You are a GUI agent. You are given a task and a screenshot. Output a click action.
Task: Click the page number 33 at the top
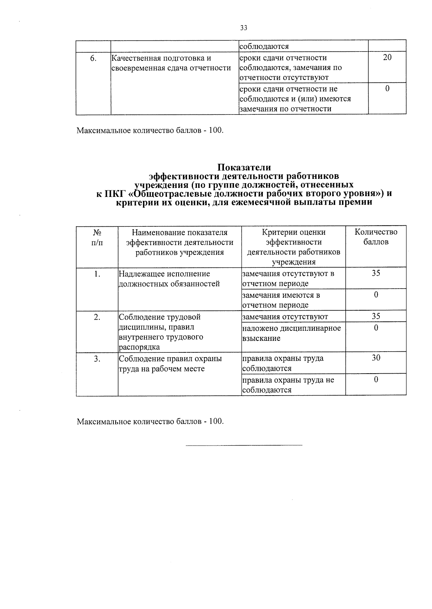[x=244, y=28]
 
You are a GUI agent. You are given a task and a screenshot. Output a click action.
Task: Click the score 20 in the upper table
[x=387, y=58]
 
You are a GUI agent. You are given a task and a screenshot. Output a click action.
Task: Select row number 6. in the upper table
[x=93, y=58]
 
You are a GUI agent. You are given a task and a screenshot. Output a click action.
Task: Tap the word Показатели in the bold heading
[x=244, y=167]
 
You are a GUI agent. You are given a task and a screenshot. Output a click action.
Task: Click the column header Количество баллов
[x=376, y=237]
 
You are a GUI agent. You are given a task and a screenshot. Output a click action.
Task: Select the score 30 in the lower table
[x=376, y=358]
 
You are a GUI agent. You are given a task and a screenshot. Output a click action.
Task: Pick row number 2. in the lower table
[x=97, y=317]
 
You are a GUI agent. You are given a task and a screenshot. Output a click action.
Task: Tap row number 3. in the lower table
[x=97, y=359]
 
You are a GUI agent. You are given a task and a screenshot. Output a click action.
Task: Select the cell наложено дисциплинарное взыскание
[x=291, y=333]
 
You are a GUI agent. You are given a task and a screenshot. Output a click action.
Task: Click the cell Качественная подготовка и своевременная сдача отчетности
[x=171, y=63]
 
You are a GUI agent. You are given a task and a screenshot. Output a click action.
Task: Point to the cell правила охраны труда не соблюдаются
[x=288, y=385]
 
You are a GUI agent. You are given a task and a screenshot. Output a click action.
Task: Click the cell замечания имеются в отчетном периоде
[x=281, y=300]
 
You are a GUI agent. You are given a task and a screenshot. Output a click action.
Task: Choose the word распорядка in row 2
[x=139, y=347]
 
